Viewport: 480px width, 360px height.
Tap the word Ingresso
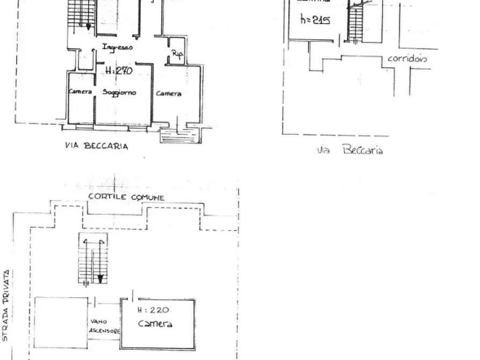(117, 47)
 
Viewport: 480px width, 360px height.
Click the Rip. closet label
(177, 54)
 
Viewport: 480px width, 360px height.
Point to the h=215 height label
(315, 20)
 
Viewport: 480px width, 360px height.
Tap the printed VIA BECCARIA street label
(96, 146)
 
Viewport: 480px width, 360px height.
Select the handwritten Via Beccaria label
(349, 150)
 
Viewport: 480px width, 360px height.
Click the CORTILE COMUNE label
(126, 197)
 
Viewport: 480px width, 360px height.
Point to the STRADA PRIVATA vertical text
(5, 306)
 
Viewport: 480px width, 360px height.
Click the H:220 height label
(153, 309)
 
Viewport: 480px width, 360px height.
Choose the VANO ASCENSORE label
(104, 326)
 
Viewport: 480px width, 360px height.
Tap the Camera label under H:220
(155, 323)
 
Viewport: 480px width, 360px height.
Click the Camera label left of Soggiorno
(80, 92)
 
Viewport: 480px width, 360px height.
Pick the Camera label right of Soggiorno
(168, 93)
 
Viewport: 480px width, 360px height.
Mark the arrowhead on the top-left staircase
(89, 26)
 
